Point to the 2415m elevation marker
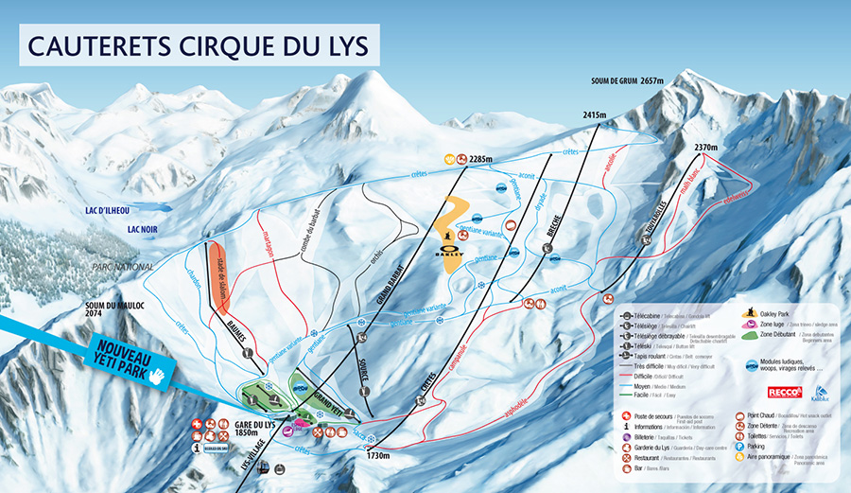(593, 115)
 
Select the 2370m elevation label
(706, 148)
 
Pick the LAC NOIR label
(140, 228)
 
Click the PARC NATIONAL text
(122, 268)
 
